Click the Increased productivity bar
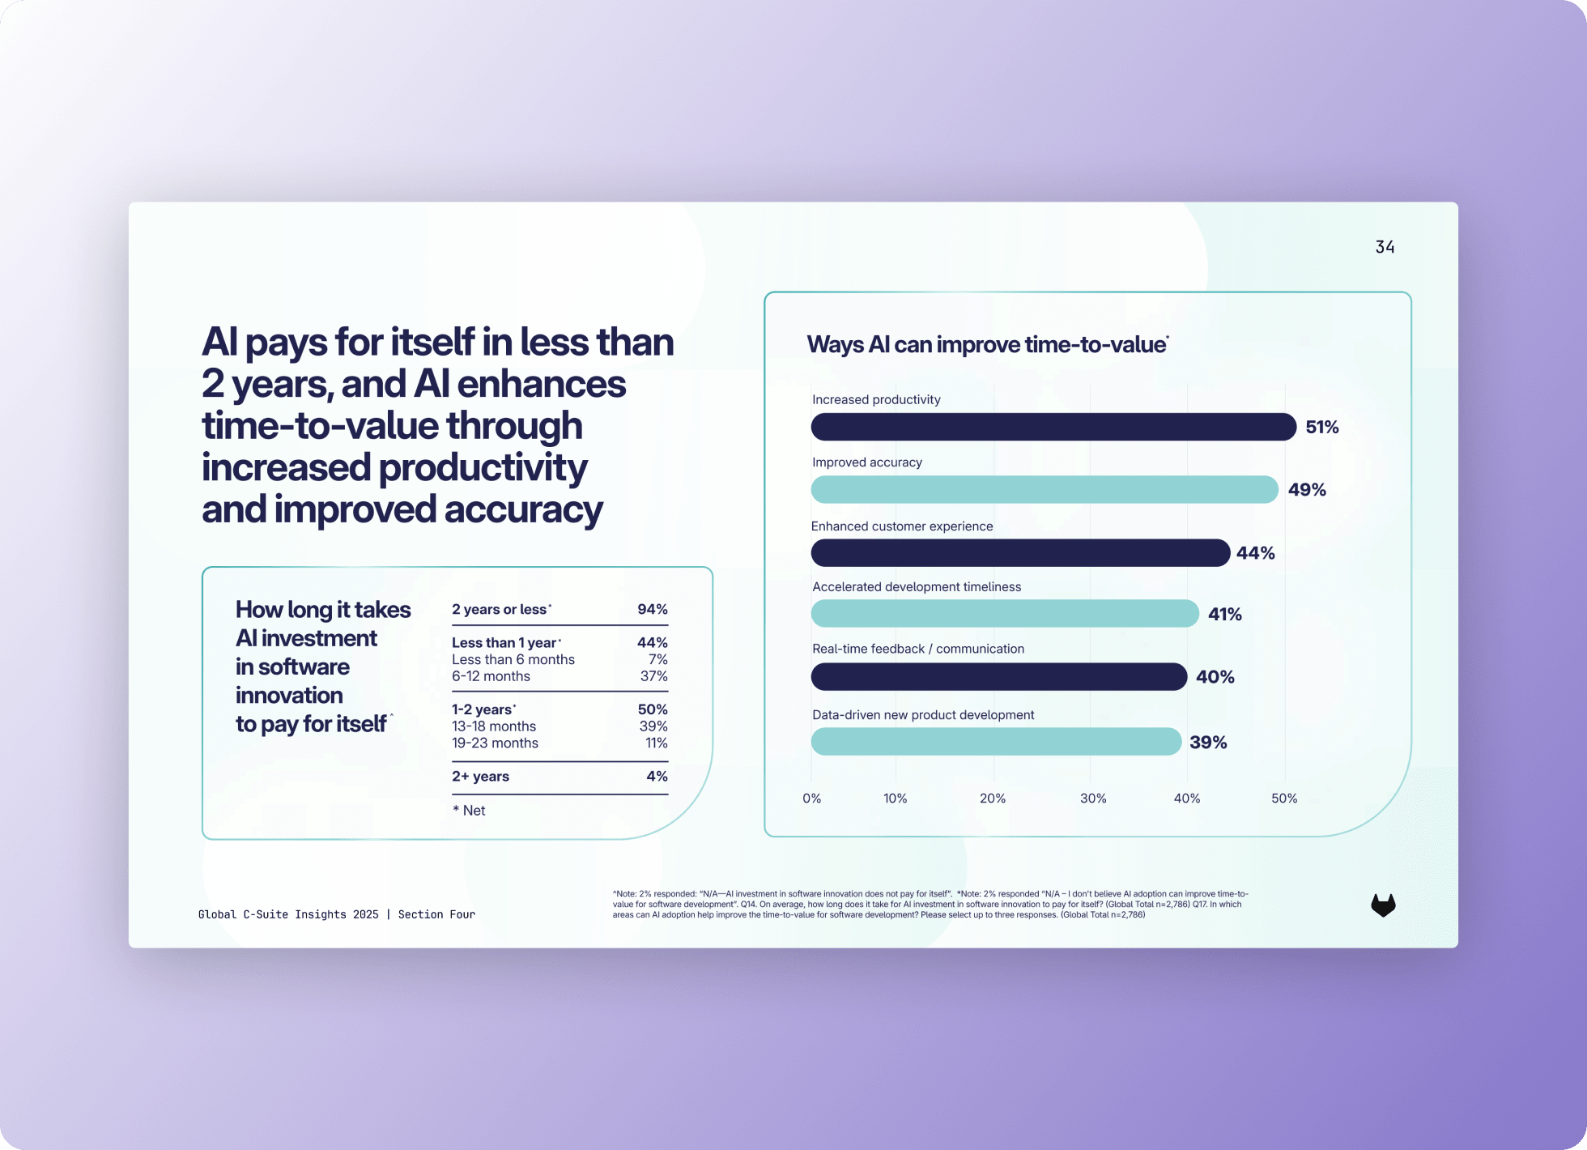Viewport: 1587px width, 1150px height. pos(1053,427)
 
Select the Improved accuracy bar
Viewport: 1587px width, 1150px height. pos(1045,489)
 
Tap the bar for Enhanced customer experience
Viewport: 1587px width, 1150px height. pos(1020,553)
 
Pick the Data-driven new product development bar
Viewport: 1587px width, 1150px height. pos(996,742)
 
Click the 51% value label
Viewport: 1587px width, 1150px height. pos(1321,427)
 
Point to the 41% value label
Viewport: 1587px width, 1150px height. pos(1224,614)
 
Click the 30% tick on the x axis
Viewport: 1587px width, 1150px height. pos(1092,799)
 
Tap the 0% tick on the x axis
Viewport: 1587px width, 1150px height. pos(811,799)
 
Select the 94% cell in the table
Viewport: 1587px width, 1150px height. pos(652,609)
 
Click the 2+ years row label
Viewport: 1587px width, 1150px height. pos(480,776)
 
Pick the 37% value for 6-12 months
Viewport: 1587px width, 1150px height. pos(653,676)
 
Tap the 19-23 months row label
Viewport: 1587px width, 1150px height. pos(495,743)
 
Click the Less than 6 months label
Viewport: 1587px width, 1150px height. pos(513,659)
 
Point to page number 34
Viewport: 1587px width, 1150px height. pos(1385,247)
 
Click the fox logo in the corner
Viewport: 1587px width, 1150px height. pos(1383,905)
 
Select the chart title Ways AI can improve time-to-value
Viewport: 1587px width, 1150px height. pos(986,344)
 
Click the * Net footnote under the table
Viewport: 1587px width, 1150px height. pos(469,811)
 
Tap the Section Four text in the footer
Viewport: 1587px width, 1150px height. pos(436,914)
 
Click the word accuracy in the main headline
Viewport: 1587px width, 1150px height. pos(523,509)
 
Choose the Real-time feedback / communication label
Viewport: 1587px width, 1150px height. pos(917,649)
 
